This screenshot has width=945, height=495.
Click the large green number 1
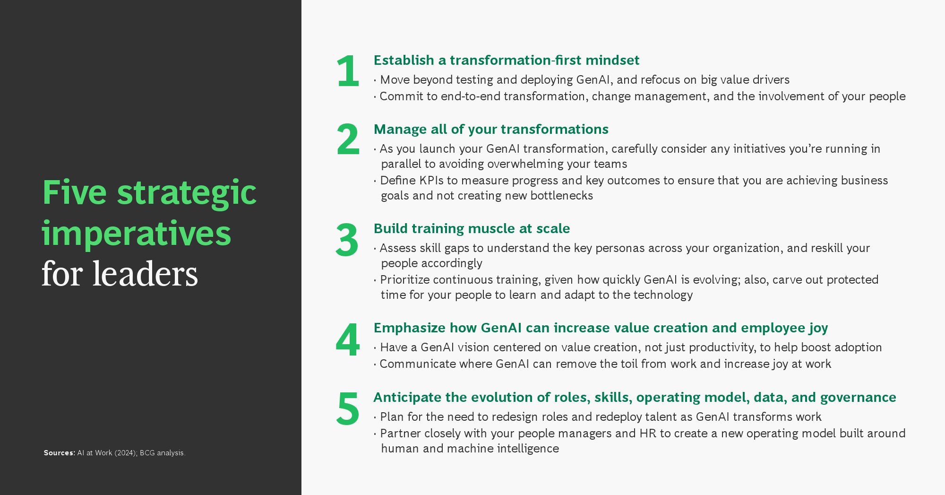click(x=348, y=71)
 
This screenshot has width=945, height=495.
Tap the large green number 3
click(x=347, y=240)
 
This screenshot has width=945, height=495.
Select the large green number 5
click(x=348, y=408)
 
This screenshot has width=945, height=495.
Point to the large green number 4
click(x=348, y=339)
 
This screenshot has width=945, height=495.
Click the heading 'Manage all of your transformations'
click(x=491, y=130)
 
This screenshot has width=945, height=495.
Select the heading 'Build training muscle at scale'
click(x=472, y=229)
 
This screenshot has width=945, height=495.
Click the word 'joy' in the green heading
click(x=818, y=329)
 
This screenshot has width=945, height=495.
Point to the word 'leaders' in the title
click(x=145, y=274)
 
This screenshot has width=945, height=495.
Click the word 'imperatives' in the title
click(x=137, y=234)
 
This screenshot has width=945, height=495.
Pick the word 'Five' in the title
click(x=75, y=192)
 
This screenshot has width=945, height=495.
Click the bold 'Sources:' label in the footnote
click(x=60, y=453)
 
